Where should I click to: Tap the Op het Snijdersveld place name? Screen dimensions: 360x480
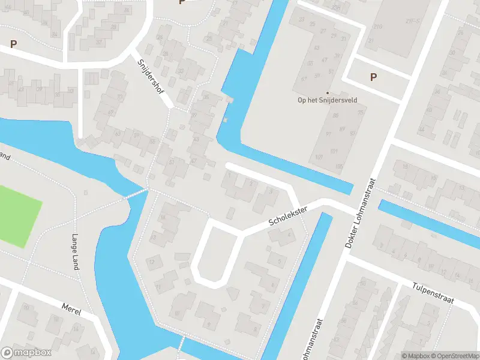(323, 101)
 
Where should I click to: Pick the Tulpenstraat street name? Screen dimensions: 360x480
(434, 292)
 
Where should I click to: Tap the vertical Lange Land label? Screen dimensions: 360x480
(76, 251)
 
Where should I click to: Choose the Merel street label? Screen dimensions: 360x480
(71, 308)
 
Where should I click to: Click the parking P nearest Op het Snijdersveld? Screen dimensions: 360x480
(373, 77)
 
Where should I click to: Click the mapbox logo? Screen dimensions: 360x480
(26, 353)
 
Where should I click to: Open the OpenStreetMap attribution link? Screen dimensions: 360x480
(454, 356)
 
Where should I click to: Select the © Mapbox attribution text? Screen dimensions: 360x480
(416, 356)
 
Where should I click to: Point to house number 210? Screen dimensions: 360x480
(377, 27)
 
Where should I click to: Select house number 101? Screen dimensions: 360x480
(334, 151)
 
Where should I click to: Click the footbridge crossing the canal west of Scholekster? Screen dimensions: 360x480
(136, 193)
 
